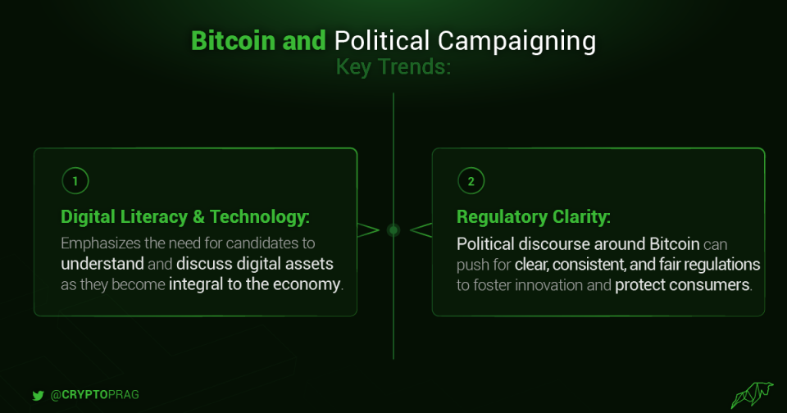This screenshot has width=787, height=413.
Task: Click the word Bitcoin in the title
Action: [233, 41]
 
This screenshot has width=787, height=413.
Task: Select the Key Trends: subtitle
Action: [393, 66]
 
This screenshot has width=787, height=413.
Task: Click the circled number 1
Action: [75, 181]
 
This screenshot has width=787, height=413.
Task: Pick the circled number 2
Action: [471, 181]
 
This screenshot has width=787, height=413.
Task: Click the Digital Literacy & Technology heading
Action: [184, 217]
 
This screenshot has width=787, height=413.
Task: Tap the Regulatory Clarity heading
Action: [534, 217]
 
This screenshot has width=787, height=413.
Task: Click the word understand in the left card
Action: [102, 264]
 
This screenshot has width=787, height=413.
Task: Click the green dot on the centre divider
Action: [393, 229]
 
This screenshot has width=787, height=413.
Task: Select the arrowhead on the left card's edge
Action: [368, 229]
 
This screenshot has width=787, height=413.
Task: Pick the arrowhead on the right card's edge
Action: [421, 229]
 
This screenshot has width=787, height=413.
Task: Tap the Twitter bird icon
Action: [39, 396]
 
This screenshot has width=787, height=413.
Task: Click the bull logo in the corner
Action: [752, 395]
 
